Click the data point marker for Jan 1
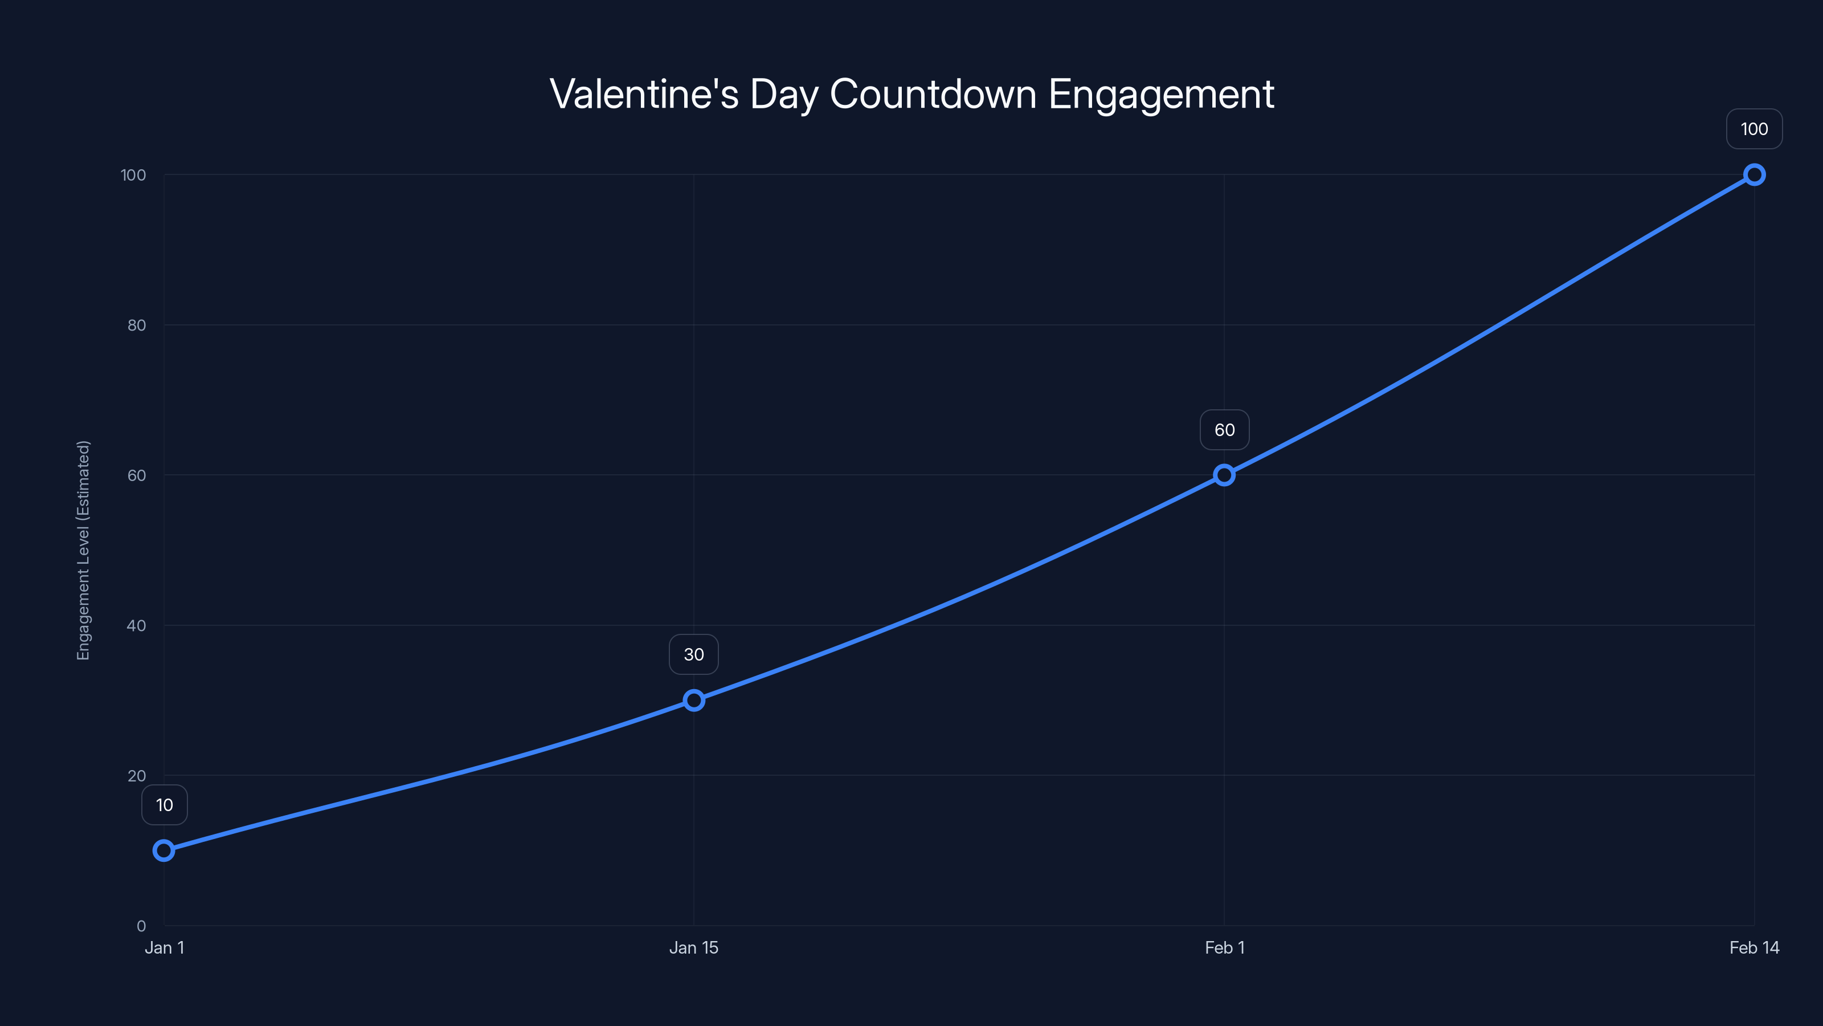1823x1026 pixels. click(164, 850)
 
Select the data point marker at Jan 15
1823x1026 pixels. click(693, 701)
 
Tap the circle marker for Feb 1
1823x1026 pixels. click(1224, 475)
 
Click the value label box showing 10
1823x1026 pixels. click(164, 805)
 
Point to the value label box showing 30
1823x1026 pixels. click(693, 654)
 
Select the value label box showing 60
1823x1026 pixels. click(1224, 430)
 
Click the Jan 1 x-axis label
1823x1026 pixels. click(164, 948)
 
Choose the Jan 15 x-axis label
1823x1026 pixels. click(693, 948)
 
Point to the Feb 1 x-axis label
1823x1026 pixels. click(1224, 948)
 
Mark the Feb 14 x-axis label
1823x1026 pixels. click(1753, 948)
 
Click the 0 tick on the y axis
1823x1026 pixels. click(141, 926)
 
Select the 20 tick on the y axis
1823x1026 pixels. click(137, 776)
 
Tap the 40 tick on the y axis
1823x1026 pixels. click(137, 626)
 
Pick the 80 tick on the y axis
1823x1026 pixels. click(137, 325)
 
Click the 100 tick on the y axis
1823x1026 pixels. click(133, 175)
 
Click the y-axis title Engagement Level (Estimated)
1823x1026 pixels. click(84, 550)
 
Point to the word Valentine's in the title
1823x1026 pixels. click(644, 93)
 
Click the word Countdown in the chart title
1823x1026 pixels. click(933, 93)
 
